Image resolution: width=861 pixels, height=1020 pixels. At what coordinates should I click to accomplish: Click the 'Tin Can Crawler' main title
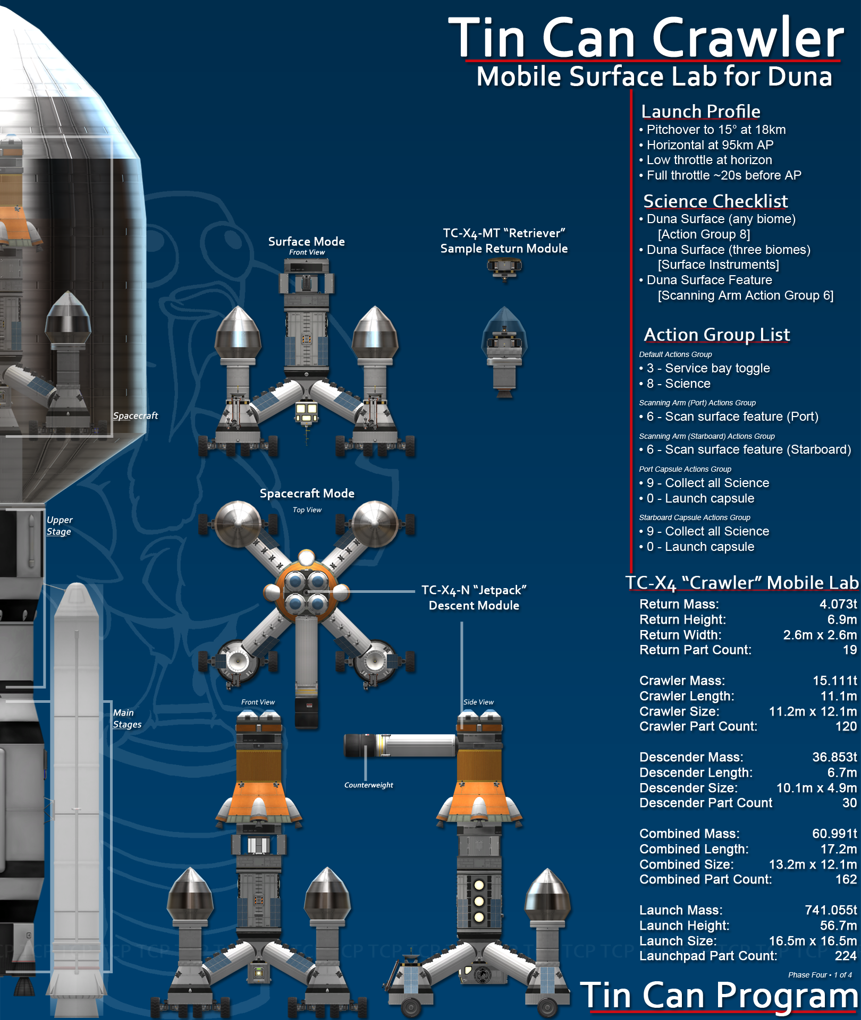[646, 38]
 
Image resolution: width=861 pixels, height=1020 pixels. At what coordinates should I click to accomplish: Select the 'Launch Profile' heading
[700, 112]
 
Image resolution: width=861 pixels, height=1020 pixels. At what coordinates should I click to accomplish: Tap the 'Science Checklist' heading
[715, 201]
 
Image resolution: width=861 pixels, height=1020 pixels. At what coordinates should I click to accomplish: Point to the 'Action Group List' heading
[717, 335]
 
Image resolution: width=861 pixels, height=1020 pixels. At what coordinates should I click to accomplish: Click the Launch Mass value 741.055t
[831, 910]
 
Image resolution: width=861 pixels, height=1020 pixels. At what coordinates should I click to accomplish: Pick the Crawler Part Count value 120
[846, 726]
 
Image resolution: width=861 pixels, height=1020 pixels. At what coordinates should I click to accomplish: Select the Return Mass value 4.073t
[838, 604]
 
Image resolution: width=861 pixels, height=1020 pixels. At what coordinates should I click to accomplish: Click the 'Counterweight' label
[368, 785]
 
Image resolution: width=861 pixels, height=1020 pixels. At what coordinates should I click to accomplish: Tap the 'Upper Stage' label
[60, 525]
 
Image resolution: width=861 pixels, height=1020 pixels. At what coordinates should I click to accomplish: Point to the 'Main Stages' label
[127, 718]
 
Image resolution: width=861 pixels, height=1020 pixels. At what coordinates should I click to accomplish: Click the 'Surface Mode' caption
[306, 242]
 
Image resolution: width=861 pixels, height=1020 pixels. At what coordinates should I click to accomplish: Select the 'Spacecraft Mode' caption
[307, 494]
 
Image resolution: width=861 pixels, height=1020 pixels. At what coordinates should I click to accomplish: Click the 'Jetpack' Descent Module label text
[474, 598]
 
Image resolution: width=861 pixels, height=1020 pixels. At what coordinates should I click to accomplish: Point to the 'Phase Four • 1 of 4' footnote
[820, 975]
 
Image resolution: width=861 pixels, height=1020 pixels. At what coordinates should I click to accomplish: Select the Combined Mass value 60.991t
[834, 834]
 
